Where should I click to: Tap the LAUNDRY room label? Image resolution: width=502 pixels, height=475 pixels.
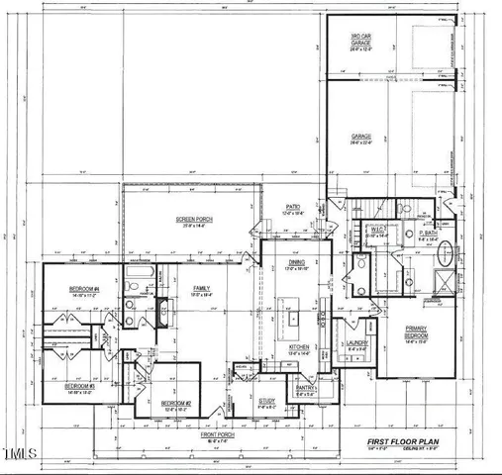click(x=356, y=345)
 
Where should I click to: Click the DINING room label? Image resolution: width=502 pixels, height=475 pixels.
click(x=297, y=264)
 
